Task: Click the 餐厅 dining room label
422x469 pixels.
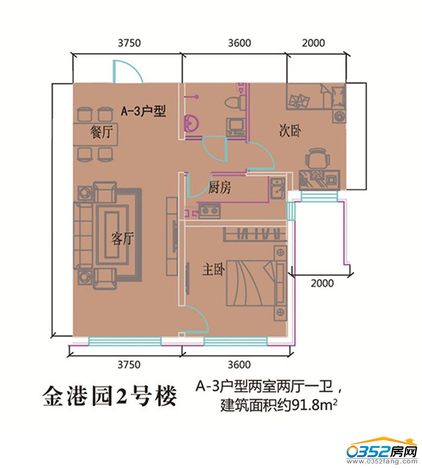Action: coord(101,132)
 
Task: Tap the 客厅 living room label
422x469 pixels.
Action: coord(122,239)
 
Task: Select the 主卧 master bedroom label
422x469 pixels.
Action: coord(213,269)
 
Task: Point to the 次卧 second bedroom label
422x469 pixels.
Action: coord(289,131)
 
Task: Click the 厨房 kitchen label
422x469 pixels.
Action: coord(219,187)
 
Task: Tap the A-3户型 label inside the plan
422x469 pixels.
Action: coord(143,111)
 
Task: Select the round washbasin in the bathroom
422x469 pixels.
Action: coord(191,123)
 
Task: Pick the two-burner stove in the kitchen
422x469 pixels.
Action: coord(210,211)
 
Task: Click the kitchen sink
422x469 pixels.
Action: coord(278,188)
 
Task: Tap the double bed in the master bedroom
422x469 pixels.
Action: coord(256,283)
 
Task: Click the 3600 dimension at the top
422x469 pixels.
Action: coord(240,43)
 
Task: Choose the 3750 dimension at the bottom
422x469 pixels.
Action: coord(129,365)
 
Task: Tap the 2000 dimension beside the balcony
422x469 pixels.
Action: coord(322,283)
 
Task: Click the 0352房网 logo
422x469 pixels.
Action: coord(382,452)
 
